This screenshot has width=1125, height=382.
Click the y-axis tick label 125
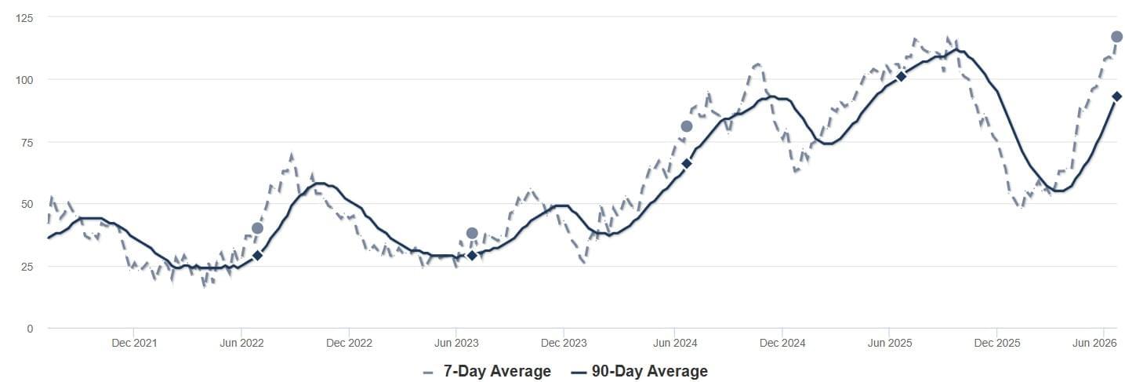click(x=24, y=18)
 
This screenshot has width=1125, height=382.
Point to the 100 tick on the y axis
click(x=24, y=80)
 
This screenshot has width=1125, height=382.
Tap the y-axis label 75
click(x=27, y=143)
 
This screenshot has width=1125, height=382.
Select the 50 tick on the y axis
click(x=27, y=204)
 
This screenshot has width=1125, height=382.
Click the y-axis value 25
click(x=27, y=267)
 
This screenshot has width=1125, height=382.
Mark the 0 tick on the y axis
click(x=30, y=329)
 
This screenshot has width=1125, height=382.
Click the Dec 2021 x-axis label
click(x=134, y=343)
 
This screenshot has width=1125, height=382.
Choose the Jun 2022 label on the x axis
click(x=241, y=343)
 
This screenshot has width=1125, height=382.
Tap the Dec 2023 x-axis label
click(x=564, y=343)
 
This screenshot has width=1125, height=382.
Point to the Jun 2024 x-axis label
click(x=675, y=343)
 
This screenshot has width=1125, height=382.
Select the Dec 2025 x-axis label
click(x=997, y=343)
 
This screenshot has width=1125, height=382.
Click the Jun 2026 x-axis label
click(x=1094, y=343)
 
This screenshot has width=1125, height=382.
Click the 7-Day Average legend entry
click(x=487, y=372)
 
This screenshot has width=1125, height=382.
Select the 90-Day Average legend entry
click(x=640, y=372)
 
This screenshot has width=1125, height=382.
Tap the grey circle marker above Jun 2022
click(x=257, y=228)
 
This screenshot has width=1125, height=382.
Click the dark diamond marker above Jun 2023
click(x=472, y=256)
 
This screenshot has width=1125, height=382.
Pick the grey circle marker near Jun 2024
click(x=687, y=126)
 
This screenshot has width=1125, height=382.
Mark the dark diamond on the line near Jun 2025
click(x=901, y=76)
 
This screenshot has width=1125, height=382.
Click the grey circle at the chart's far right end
click(x=1116, y=37)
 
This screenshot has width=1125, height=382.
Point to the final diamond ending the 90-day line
click(x=1116, y=96)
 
